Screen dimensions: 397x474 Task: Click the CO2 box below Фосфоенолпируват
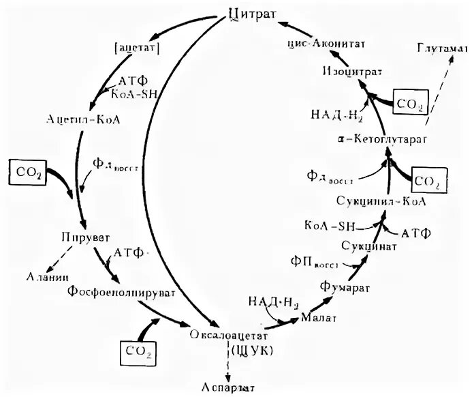click(x=138, y=351)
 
